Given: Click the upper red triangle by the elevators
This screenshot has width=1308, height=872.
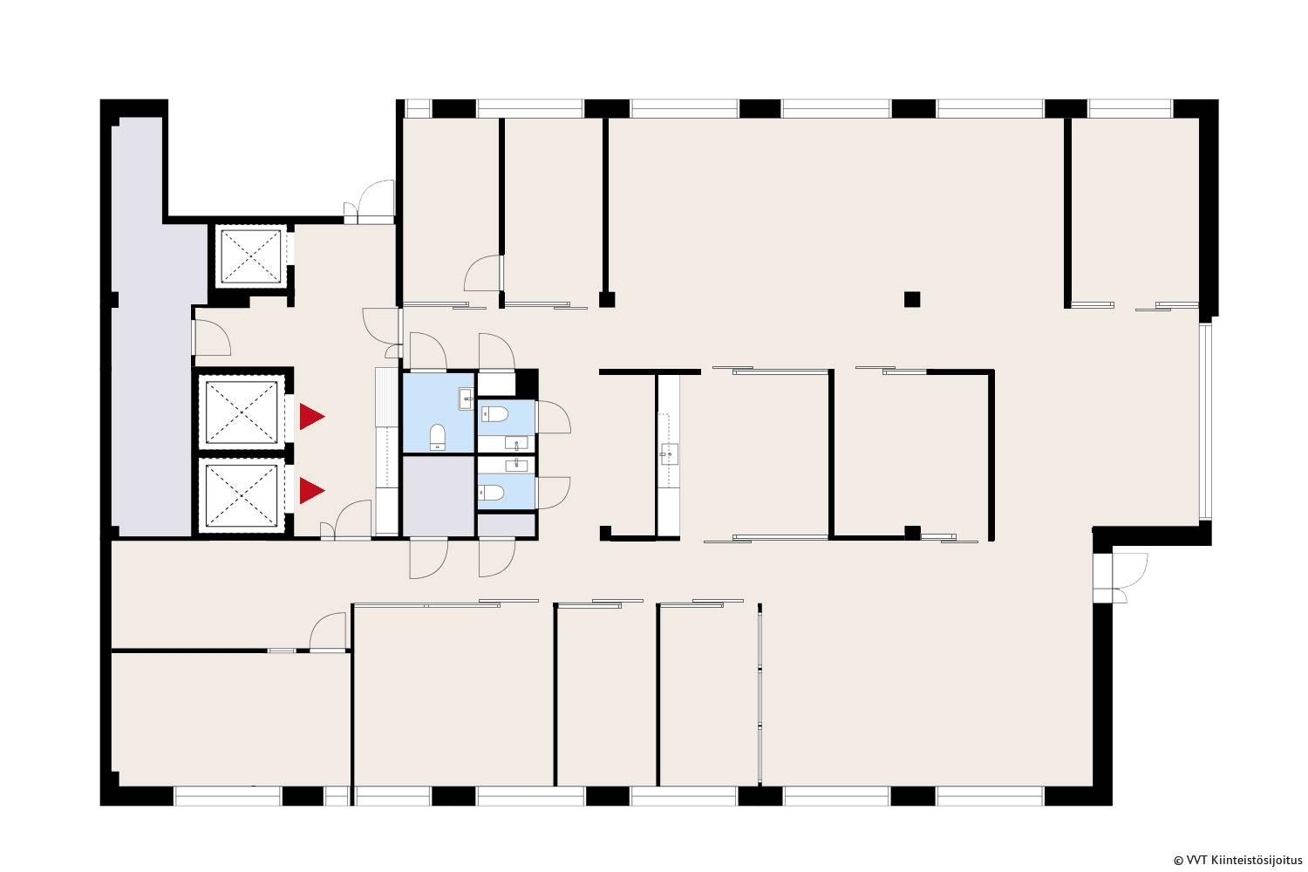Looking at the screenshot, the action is click(310, 417).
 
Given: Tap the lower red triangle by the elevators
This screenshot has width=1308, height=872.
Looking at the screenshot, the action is click(310, 491).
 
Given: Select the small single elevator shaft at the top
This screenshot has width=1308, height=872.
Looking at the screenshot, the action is click(250, 256).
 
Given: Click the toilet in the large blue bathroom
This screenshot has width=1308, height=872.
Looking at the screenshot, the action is click(438, 437).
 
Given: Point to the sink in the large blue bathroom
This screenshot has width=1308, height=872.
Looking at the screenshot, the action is click(466, 399).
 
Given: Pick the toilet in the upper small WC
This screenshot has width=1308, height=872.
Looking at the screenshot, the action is click(494, 414).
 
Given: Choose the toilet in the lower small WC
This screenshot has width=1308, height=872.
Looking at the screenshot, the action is click(492, 493).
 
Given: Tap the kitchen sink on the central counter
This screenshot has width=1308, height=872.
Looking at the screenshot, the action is click(669, 453).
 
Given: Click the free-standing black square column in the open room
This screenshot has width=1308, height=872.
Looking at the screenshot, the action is click(912, 300).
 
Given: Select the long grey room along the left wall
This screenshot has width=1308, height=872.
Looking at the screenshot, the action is click(154, 327).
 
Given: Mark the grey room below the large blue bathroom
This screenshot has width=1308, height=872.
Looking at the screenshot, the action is click(439, 495).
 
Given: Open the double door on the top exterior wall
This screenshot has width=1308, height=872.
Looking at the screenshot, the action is click(370, 201).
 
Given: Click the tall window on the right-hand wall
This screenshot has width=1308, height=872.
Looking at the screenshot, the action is click(1206, 420).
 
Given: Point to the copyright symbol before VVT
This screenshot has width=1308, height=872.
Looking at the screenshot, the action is click(1178, 861).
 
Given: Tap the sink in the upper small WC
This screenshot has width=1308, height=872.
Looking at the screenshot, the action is click(516, 444).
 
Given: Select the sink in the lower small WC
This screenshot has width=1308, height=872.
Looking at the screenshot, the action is click(517, 465).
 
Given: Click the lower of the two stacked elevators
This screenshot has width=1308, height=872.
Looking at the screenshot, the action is click(242, 495).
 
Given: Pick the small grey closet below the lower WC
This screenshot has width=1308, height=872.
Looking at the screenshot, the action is click(507, 524).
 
